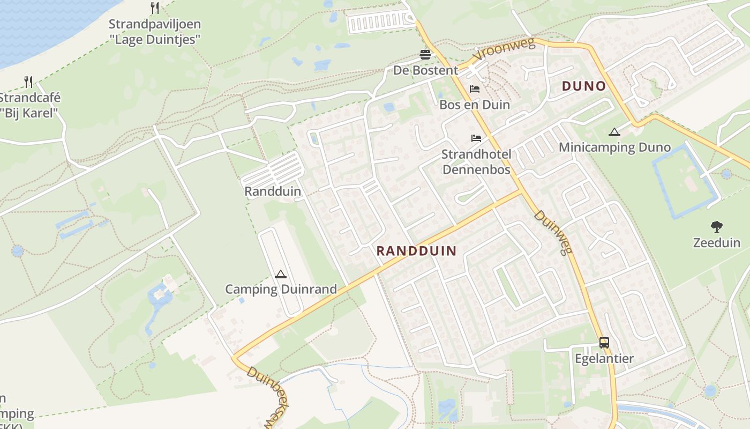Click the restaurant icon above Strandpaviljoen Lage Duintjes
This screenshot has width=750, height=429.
pyautogui.click(x=155, y=8)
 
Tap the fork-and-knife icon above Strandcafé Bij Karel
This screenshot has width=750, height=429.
pyautogui.click(x=29, y=82)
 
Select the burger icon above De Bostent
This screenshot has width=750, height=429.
pyautogui.click(x=425, y=55)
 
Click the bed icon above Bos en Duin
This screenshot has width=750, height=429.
pyautogui.click(x=475, y=89)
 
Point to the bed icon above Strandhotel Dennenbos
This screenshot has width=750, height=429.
pyautogui.click(x=476, y=138)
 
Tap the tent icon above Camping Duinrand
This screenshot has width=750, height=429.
pyautogui.click(x=280, y=275)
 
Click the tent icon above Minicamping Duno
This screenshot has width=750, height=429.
pyautogui.click(x=614, y=132)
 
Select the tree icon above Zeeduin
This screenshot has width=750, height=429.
pyautogui.click(x=716, y=227)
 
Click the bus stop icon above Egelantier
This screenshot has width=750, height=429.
pyautogui.click(x=604, y=343)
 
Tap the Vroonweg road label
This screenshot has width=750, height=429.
pyautogui.click(x=504, y=50)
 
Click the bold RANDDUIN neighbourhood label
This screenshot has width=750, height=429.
pyautogui.click(x=416, y=250)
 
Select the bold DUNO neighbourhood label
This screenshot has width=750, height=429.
pyautogui.click(x=583, y=86)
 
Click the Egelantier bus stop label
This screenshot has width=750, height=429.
pyautogui.click(x=604, y=358)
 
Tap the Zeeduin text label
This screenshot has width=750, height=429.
pyautogui.click(x=716, y=242)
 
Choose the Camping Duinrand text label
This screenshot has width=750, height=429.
pyautogui.click(x=281, y=290)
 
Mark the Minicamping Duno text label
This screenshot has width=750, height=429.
pyautogui.click(x=614, y=147)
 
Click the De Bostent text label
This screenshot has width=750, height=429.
pyautogui.click(x=425, y=70)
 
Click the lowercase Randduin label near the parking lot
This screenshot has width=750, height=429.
pyautogui.click(x=273, y=191)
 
